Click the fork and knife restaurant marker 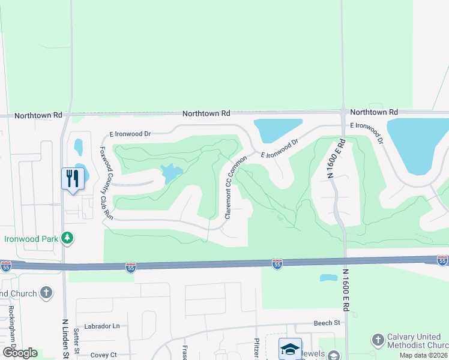tap(71, 178)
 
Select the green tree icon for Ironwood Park tap(67, 238)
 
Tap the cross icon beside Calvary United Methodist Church tap(378, 339)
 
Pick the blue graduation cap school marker tap(289, 349)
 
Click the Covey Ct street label tap(103, 355)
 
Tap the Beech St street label tap(327, 323)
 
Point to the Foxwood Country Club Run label tap(106, 181)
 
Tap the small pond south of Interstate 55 tap(328, 278)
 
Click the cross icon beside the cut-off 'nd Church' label tap(46, 293)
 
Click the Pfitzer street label tap(256, 349)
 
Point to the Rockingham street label tap(11, 324)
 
